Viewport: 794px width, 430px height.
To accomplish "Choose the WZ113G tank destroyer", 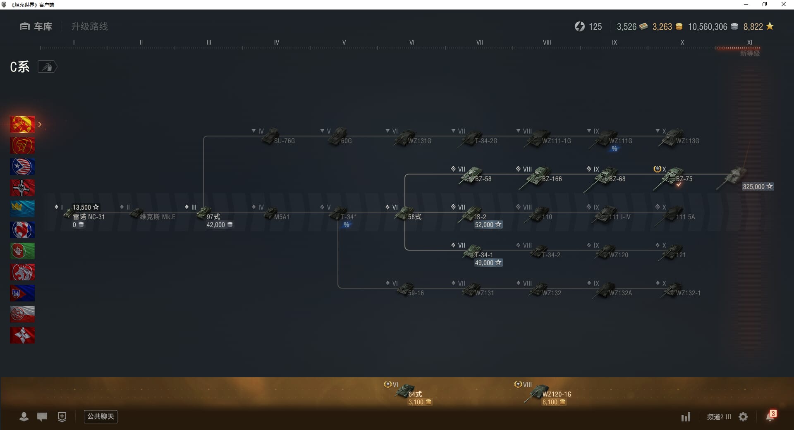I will [674, 138].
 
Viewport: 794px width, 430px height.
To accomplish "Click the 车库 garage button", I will [36, 26].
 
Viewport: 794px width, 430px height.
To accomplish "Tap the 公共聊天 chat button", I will [100, 416].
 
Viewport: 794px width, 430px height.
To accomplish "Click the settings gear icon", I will [743, 417].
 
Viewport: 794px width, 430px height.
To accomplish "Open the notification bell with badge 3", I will [770, 416].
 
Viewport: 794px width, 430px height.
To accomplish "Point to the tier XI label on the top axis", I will [749, 42].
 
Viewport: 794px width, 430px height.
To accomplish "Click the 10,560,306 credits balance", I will [708, 27].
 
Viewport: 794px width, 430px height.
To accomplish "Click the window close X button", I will [783, 5].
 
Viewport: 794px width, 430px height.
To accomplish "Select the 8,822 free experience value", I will [753, 27].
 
